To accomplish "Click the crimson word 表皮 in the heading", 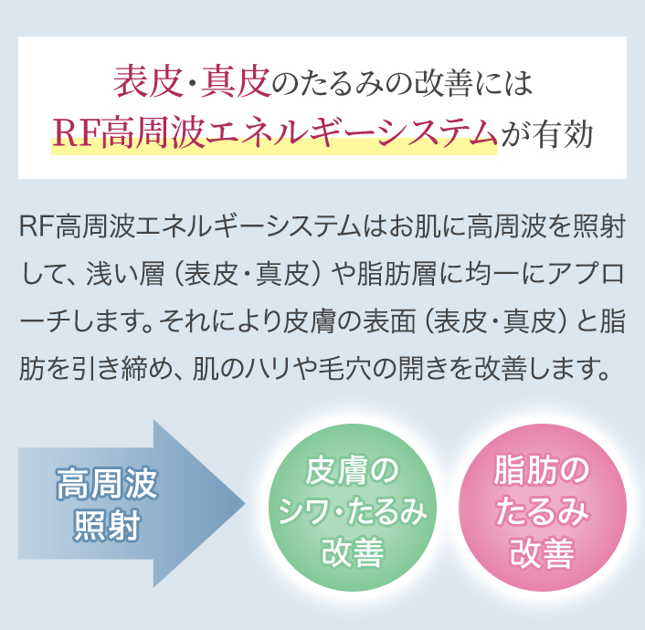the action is point(148,82).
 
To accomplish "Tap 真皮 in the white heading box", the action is point(236,82).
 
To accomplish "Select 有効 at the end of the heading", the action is point(563,133).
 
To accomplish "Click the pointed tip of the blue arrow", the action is point(245,503).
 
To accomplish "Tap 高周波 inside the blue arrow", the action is point(107,483).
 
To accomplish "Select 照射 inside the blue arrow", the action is point(107,525).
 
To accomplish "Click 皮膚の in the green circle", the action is point(352,471).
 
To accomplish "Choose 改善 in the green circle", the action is point(353,551).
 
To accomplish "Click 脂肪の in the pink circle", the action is point(542,471).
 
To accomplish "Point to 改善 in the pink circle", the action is point(542,551).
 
